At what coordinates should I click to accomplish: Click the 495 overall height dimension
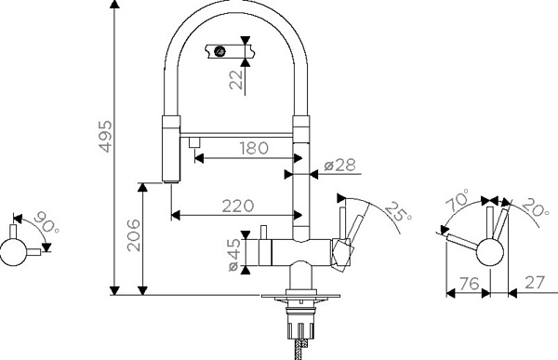click(x=105, y=137)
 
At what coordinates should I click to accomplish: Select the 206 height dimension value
click(x=134, y=235)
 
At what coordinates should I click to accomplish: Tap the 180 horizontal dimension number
click(x=253, y=148)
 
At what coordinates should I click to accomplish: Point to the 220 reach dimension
click(x=238, y=206)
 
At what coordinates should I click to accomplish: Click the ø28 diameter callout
click(x=339, y=165)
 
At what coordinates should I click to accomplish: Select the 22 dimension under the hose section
click(x=236, y=79)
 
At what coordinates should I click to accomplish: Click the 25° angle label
click(x=398, y=212)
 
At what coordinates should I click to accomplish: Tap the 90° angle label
click(x=46, y=222)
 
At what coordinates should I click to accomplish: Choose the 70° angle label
click(x=458, y=200)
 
